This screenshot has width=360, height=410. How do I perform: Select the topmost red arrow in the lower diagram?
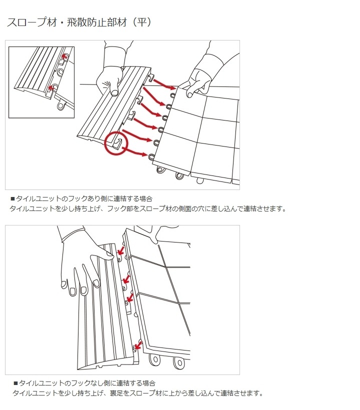pos(120,250)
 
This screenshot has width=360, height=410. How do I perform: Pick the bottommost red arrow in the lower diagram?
pos(137,344)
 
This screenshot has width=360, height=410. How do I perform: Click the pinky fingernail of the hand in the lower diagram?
pos(64,285)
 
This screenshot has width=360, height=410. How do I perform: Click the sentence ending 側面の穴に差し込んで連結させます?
pos(148,208)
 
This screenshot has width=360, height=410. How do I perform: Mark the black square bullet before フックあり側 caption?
pos(12,198)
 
